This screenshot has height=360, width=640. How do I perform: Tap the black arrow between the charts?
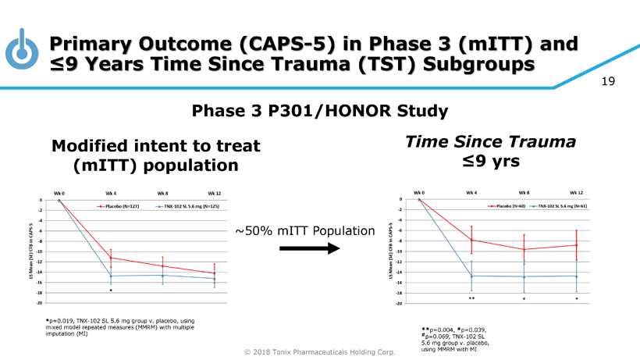coord(308,248)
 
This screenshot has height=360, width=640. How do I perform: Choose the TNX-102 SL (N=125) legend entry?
coord(184,206)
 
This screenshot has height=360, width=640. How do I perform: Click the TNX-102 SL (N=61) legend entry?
coord(562,206)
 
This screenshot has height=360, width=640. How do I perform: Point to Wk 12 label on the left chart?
coord(215,192)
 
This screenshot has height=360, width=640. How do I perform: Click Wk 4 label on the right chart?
coord(472,192)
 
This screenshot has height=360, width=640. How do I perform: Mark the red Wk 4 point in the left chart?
coord(111,258)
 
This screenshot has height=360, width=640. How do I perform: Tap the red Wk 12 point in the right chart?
coord(576,245)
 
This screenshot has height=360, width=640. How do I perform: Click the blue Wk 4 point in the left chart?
coord(111,276)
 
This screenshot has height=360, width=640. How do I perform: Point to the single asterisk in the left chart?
coord(111,290)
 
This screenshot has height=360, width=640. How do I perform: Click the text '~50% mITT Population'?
coord(302,231)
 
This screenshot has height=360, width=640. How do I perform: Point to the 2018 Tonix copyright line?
coord(320,352)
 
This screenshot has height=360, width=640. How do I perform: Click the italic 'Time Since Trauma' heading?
coord(491,142)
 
